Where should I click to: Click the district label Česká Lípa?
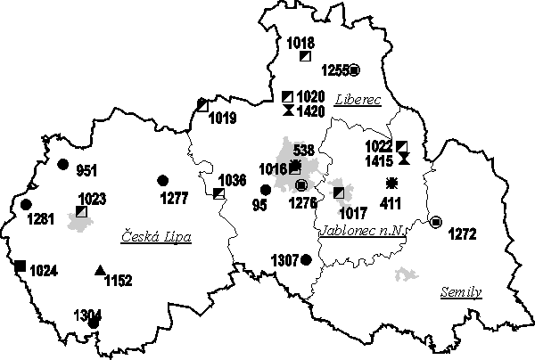coord(156,236)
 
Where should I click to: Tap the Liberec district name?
coord(358,100)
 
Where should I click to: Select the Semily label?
coord(461,292)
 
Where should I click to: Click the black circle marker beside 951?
coord(62,164)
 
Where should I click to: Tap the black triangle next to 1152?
coord(100,271)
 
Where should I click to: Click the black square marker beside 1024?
coord(20,265)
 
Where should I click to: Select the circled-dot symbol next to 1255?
coord(354,70)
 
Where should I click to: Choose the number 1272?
coord(462,234)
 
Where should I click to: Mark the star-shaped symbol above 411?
coord(391,184)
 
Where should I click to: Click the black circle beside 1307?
coord(306,259)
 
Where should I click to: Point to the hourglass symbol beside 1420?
coord(287,110)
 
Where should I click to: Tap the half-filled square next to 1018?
coord(305,55)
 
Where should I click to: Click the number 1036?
coord(232,180)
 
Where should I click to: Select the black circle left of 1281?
coord(26,205)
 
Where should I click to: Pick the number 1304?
coord(88,314)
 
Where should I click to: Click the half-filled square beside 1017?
coord(338,192)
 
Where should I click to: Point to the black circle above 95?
coord(265,189)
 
